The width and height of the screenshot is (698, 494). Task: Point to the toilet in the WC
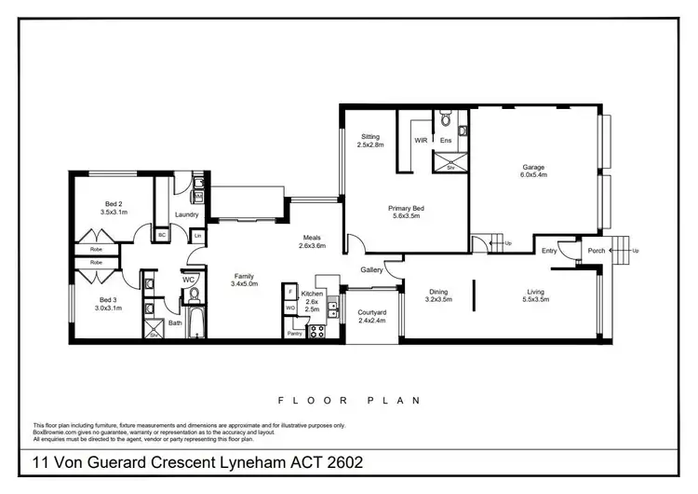(195, 295)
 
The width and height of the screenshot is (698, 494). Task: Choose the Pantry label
(295, 333)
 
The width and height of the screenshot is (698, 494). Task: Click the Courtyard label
(371, 318)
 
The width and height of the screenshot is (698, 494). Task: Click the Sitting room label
(370, 140)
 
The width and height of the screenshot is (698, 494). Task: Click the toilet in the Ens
(445, 120)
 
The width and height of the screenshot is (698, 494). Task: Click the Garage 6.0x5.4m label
(533, 172)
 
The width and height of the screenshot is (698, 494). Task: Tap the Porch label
(596, 250)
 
